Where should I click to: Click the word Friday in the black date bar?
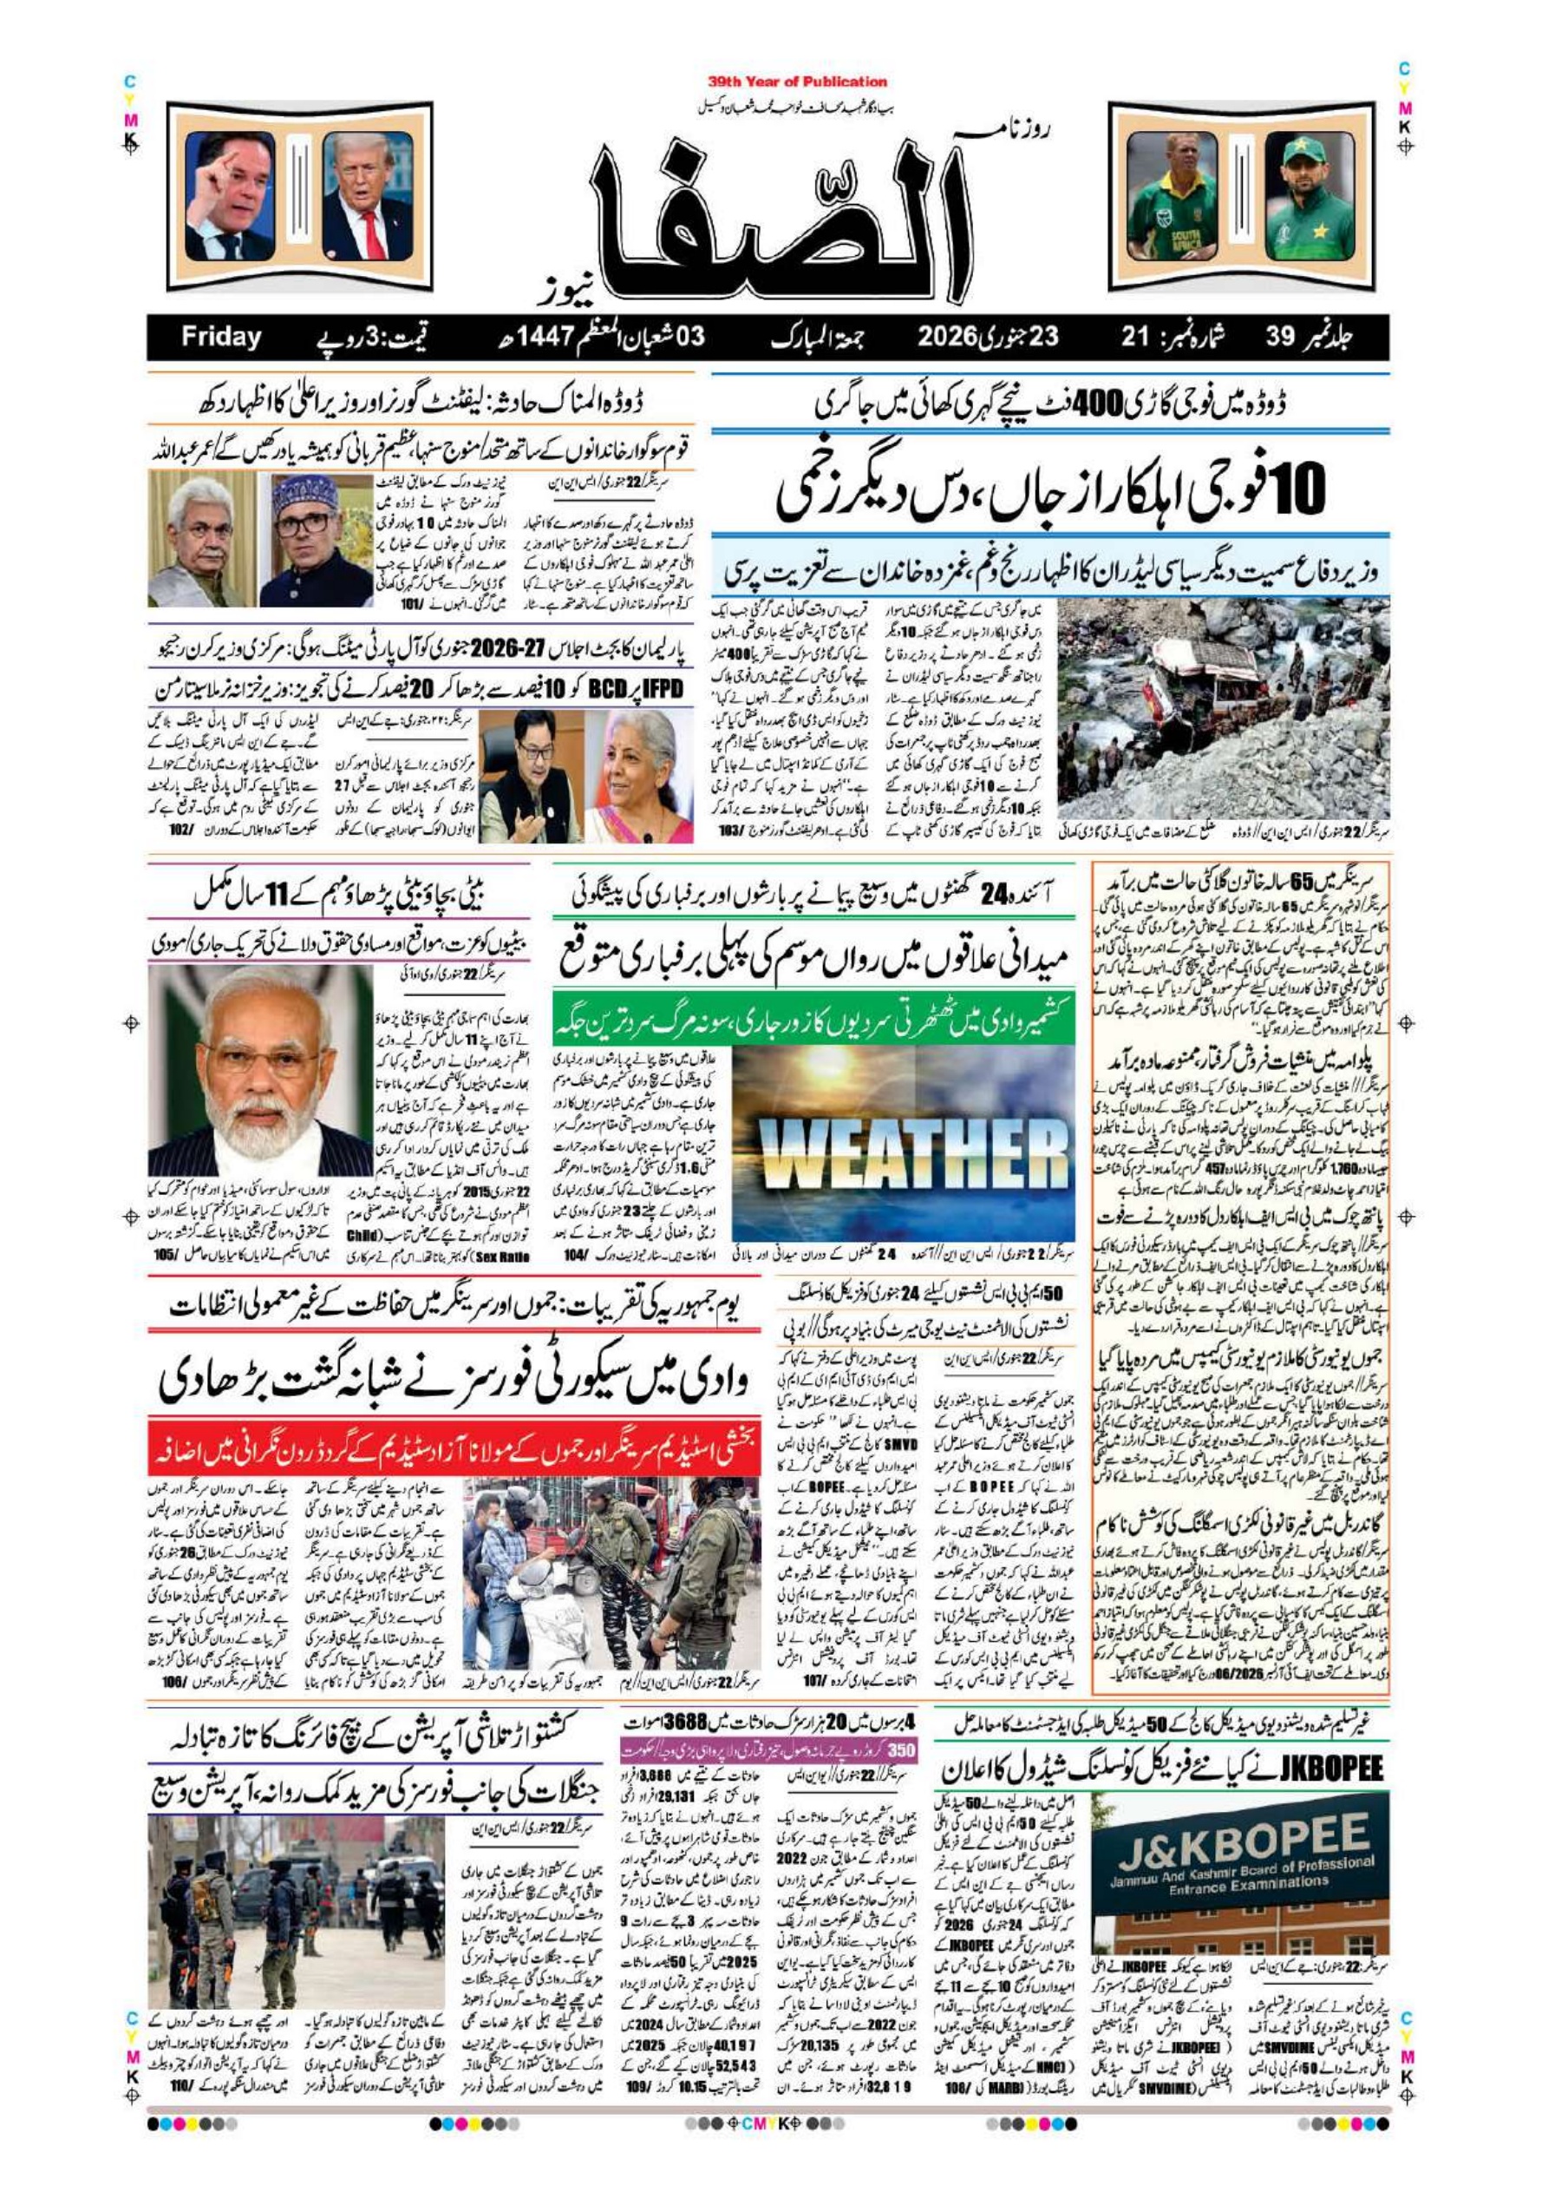pyautogui.click(x=220, y=337)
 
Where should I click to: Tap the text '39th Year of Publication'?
pyautogui.click(x=797, y=82)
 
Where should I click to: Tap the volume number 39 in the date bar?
pyautogui.click(x=1280, y=337)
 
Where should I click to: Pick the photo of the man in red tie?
pyautogui.click(x=368, y=196)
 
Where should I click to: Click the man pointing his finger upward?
pyautogui.click(x=230, y=196)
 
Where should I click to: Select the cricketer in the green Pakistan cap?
pyautogui.click(x=1310, y=196)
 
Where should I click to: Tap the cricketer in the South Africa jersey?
pyautogui.click(x=1171, y=196)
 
